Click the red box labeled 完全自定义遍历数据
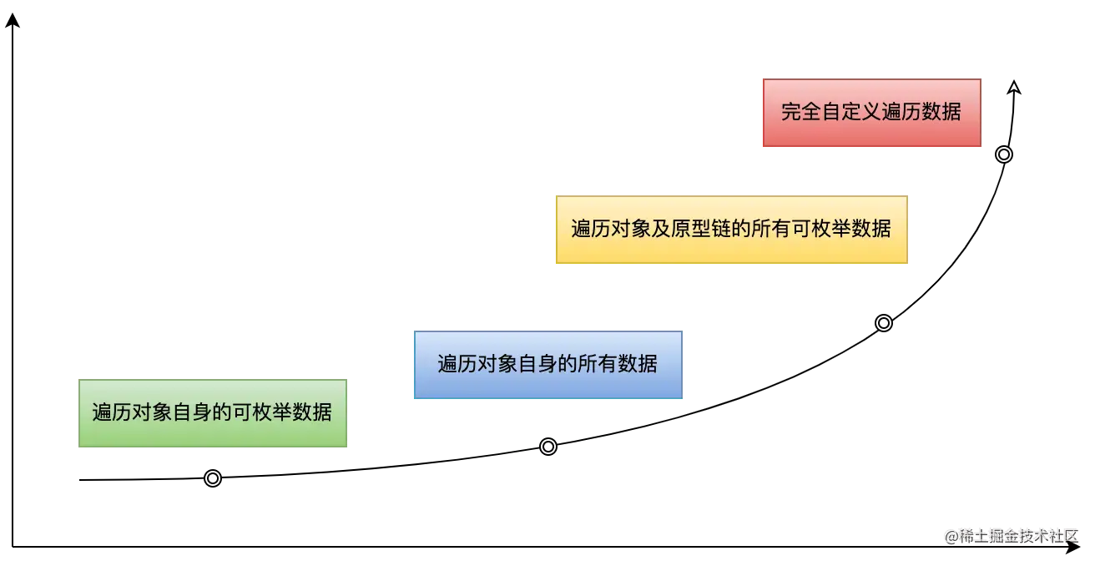(870, 112)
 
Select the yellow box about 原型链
(730, 229)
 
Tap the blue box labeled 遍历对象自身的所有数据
(547, 364)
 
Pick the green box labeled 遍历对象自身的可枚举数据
(211, 412)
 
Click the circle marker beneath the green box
(213, 478)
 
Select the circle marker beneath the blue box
(548, 447)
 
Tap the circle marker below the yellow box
(884, 323)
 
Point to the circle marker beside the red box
(1004, 154)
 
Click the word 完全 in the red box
(801, 112)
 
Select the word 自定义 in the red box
(851, 112)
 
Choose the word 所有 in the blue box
(598, 364)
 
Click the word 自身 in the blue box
(537, 364)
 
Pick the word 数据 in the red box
(941, 112)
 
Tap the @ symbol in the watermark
(950, 535)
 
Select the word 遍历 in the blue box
(457, 364)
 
